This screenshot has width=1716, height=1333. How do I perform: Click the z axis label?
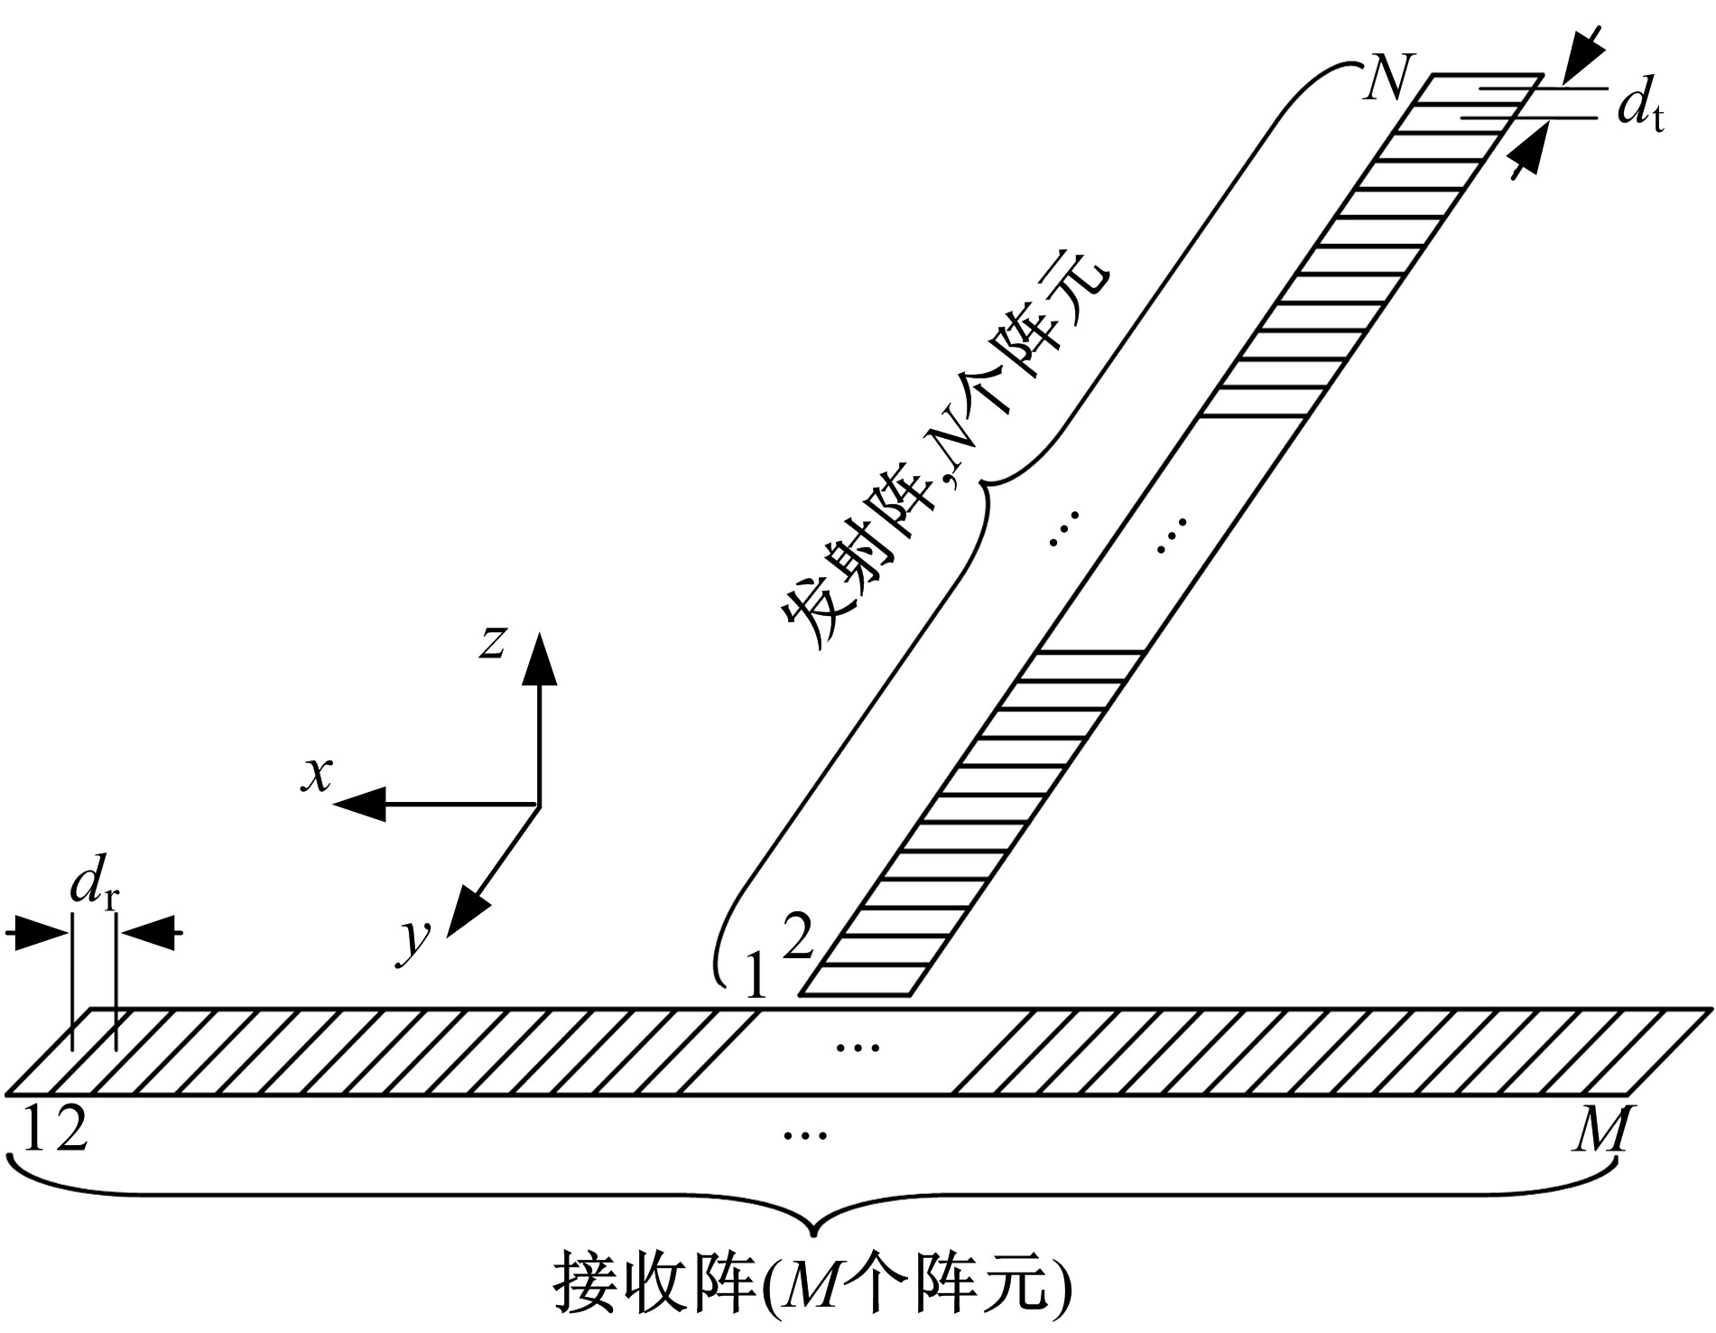492,641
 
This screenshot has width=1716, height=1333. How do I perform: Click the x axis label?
317,774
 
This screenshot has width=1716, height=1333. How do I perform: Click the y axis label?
415,942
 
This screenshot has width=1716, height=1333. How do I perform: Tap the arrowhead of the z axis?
540,658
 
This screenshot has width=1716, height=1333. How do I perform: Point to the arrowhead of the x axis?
359,804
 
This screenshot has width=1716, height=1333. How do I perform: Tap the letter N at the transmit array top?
1387,79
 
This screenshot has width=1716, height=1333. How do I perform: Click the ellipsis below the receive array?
806,1134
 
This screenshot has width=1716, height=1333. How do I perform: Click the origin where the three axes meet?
540,804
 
